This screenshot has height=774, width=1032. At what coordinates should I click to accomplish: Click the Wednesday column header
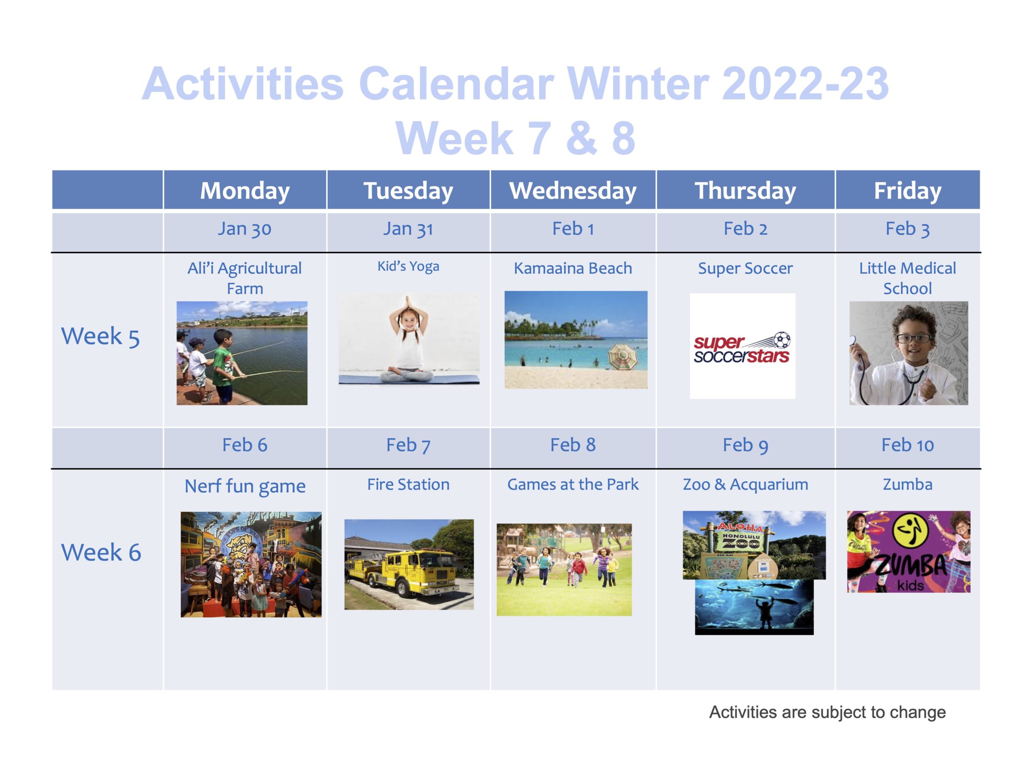[572, 190]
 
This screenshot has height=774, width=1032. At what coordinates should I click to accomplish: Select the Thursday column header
[745, 191]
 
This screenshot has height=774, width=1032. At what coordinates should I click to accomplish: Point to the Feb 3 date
[907, 229]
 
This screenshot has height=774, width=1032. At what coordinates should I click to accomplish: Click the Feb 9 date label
[745, 445]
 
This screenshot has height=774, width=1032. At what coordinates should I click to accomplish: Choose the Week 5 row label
[100, 336]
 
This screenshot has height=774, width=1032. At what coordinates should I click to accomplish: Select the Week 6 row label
[101, 552]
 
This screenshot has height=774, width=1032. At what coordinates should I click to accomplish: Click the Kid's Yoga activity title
[408, 266]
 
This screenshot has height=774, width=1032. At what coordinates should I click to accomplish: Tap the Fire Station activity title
[408, 484]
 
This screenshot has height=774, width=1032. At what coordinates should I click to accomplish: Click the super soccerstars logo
[742, 348]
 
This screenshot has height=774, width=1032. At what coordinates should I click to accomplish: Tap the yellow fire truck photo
[409, 564]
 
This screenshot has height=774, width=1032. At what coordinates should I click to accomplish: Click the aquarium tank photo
[754, 607]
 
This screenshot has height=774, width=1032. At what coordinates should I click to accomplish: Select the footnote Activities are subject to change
[827, 712]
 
